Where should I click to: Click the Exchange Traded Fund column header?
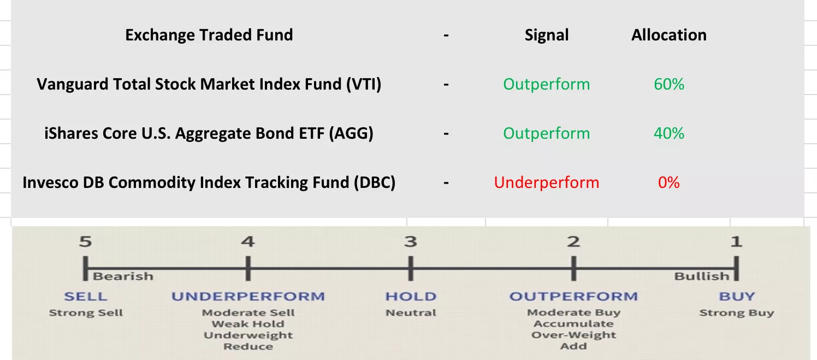(x=209, y=35)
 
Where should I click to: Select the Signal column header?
(x=547, y=36)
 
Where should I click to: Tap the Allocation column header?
(x=669, y=35)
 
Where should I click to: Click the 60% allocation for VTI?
(x=669, y=84)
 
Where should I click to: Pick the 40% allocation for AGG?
(x=669, y=133)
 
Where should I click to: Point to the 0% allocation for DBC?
(x=669, y=182)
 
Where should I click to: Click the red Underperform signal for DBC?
(x=547, y=182)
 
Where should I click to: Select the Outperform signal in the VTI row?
(x=547, y=84)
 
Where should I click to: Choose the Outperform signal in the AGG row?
(x=547, y=133)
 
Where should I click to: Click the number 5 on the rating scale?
(x=85, y=241)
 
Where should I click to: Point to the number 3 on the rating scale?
(x=411, y=241)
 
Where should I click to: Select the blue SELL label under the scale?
(x=86, y=296)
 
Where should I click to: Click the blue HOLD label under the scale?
(x=411, y=296)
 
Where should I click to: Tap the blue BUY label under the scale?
(x=737, y=296)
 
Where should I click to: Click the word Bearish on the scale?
(x=123, y=276)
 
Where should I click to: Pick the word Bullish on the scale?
(x=701, y=276)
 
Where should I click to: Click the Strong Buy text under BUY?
(x=737, y=313)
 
